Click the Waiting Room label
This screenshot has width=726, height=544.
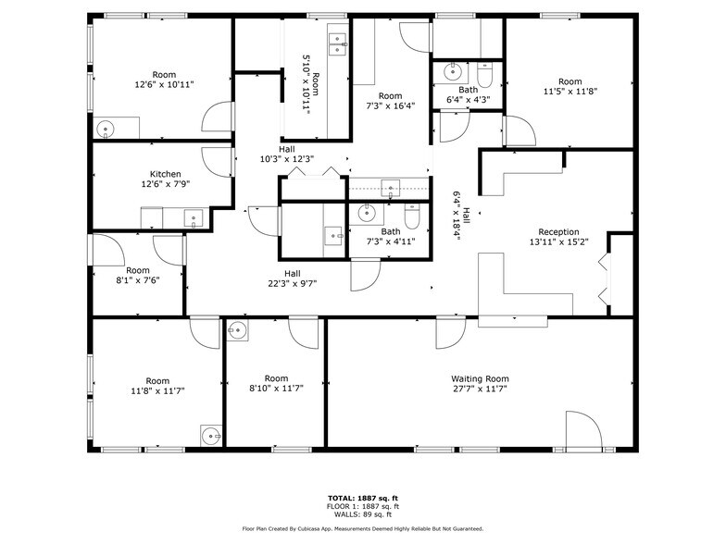(x=480, y=378)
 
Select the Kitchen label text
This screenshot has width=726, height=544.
(x=165, y=174)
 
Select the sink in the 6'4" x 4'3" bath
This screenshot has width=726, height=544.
(x=453, y=71)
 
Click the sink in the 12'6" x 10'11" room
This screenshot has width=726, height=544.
(x=106, y=130)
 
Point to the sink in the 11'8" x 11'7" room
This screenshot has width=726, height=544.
(x=212, y=434)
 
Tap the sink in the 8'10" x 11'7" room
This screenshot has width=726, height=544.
(x=238, y=330)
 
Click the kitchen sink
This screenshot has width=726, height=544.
(x=194, y=218)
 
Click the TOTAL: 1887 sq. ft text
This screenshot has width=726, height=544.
(x=363, y=499)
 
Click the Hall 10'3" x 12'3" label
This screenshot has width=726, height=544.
(x=286, y=154)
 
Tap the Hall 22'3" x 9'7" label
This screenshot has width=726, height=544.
(x=293, y=278)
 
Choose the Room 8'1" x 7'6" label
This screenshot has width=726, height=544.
(x=138, y=276)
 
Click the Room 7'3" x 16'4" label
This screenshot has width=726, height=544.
(x=390, y=101)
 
